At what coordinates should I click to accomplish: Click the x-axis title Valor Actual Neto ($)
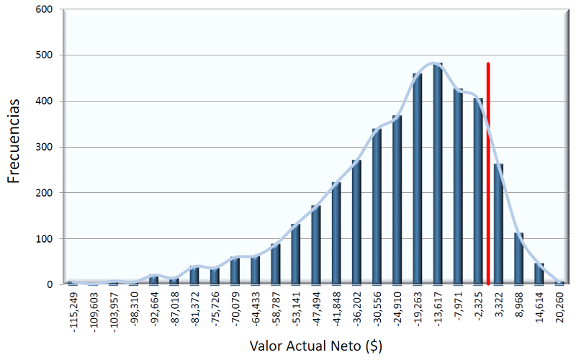[x=315, y=345]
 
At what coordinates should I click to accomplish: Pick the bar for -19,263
[x=418, y=180]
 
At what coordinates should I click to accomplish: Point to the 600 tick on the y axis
[x=44, y=9]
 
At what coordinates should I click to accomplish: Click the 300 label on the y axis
[x=44, y=147]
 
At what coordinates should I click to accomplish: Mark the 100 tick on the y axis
[x=44, y=238]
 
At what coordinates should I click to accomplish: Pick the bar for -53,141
[x=295, y=255]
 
